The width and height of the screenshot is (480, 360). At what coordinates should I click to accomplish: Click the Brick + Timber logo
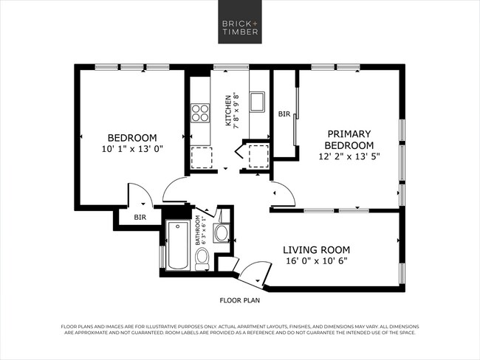click(240, 27)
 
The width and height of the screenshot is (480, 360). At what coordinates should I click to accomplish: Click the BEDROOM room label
click(132, 137)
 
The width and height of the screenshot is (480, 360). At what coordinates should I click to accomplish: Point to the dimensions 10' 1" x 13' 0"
click(132, 148)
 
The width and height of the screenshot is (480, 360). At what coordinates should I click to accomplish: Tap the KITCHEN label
click(228, 111)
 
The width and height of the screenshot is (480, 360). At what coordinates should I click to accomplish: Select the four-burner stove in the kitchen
click(200, 112)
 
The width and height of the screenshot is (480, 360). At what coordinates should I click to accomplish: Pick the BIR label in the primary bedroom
click(284, 114)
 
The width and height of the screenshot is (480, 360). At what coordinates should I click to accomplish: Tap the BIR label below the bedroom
click(140, 218)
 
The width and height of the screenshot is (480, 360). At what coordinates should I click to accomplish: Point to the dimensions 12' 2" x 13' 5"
click(349, 156)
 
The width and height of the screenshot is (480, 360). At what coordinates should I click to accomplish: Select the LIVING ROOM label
click(317, 249)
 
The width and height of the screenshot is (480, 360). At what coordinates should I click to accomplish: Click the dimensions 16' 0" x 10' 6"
click(316, 261)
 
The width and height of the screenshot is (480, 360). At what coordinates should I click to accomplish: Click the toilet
click(202, 257)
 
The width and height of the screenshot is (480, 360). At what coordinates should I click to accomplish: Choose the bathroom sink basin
click(221, 234)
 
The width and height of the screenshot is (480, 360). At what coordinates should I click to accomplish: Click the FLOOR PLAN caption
click(240, 300)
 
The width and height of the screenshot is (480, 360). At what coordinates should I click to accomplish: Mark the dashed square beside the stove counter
click(201, 157)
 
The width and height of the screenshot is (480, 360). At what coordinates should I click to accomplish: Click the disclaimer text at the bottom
click(240, 329)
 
